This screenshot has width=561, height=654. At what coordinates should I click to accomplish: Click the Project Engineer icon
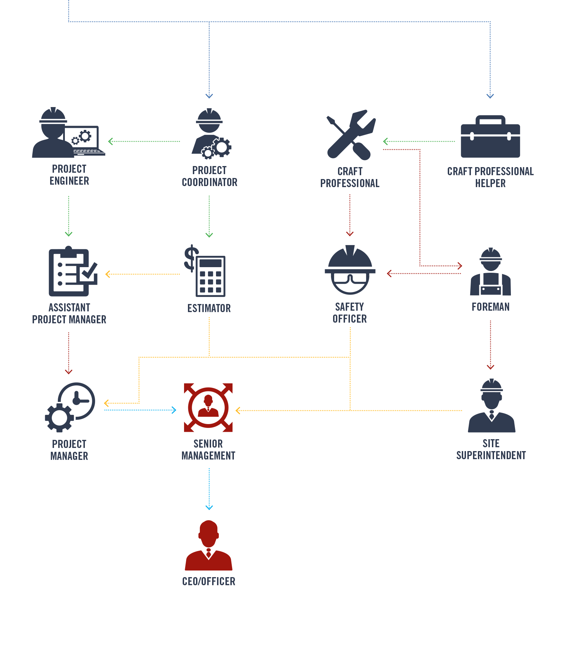pos(68,133)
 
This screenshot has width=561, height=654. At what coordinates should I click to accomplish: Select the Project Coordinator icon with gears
pos(210,133)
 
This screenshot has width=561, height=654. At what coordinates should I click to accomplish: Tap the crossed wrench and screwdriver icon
pos(350,135)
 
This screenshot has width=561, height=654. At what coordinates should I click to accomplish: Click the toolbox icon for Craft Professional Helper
pos(490,137)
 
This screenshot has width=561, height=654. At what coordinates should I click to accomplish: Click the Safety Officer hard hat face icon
pos(350,270)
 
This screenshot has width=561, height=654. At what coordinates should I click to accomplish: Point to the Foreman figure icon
pos(491,272)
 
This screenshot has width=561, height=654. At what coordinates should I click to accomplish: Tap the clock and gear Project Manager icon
pos(70,407)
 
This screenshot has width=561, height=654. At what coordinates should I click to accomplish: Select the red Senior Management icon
pos(208,408)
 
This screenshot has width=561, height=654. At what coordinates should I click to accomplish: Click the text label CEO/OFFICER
pos(209,581)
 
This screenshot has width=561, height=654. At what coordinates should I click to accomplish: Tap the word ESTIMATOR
pos(209,308)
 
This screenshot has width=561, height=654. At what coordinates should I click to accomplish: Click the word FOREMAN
pos(491,307)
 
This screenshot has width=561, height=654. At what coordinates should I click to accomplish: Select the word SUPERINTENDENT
pos(491,455)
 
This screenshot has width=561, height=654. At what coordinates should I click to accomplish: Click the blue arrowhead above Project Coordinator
pos(209,96)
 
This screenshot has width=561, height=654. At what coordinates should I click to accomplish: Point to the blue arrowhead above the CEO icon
pos(209,507)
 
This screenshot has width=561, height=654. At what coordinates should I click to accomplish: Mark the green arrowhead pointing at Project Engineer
pos(110,141)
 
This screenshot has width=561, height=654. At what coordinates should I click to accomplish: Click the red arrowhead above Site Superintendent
pos(491,367)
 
